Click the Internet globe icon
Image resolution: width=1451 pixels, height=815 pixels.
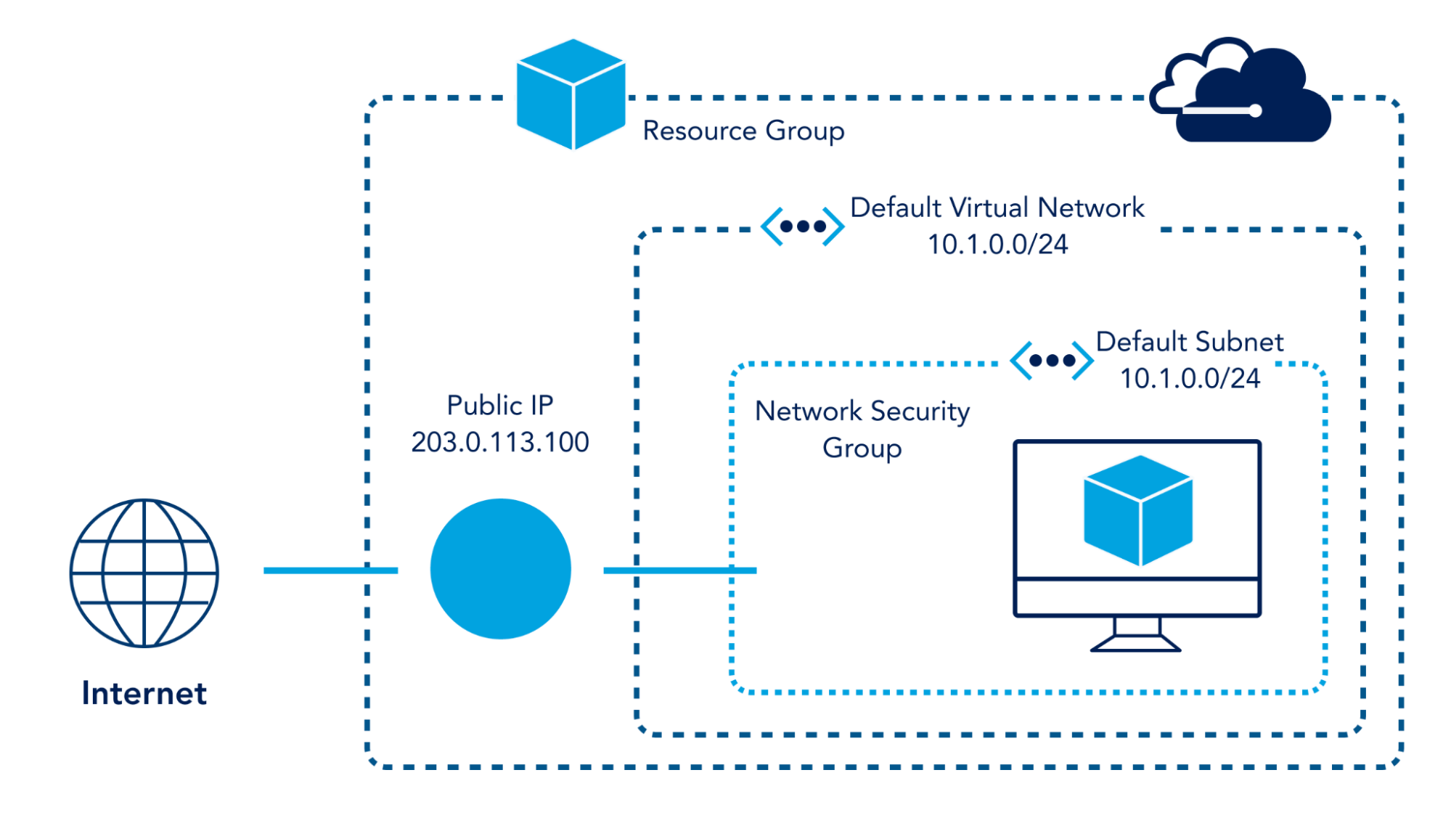144,573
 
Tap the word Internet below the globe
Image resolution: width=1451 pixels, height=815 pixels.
144,693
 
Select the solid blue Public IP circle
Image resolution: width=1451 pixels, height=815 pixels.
500,569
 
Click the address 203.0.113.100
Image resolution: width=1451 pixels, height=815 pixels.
500,442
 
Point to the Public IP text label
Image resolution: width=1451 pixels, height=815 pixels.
500,405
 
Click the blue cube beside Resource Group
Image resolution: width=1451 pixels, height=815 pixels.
571,94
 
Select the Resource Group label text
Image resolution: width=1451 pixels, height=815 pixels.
743,131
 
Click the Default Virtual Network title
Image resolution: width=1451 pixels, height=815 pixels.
997,208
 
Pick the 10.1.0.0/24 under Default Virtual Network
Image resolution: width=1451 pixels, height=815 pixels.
997,245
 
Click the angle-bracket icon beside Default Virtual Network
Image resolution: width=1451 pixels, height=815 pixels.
802,226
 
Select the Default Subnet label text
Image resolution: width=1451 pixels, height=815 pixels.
1189,342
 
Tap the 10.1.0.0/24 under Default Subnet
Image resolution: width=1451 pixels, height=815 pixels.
1190,378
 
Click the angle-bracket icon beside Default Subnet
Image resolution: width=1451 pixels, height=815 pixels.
1052,360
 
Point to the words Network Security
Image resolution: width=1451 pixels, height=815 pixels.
862,411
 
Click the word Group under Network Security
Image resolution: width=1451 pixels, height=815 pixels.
862,449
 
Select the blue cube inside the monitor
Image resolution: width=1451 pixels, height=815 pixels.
1137,510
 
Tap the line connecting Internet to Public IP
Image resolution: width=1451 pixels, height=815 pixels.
330,570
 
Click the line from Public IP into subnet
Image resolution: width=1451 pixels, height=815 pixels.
679,570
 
